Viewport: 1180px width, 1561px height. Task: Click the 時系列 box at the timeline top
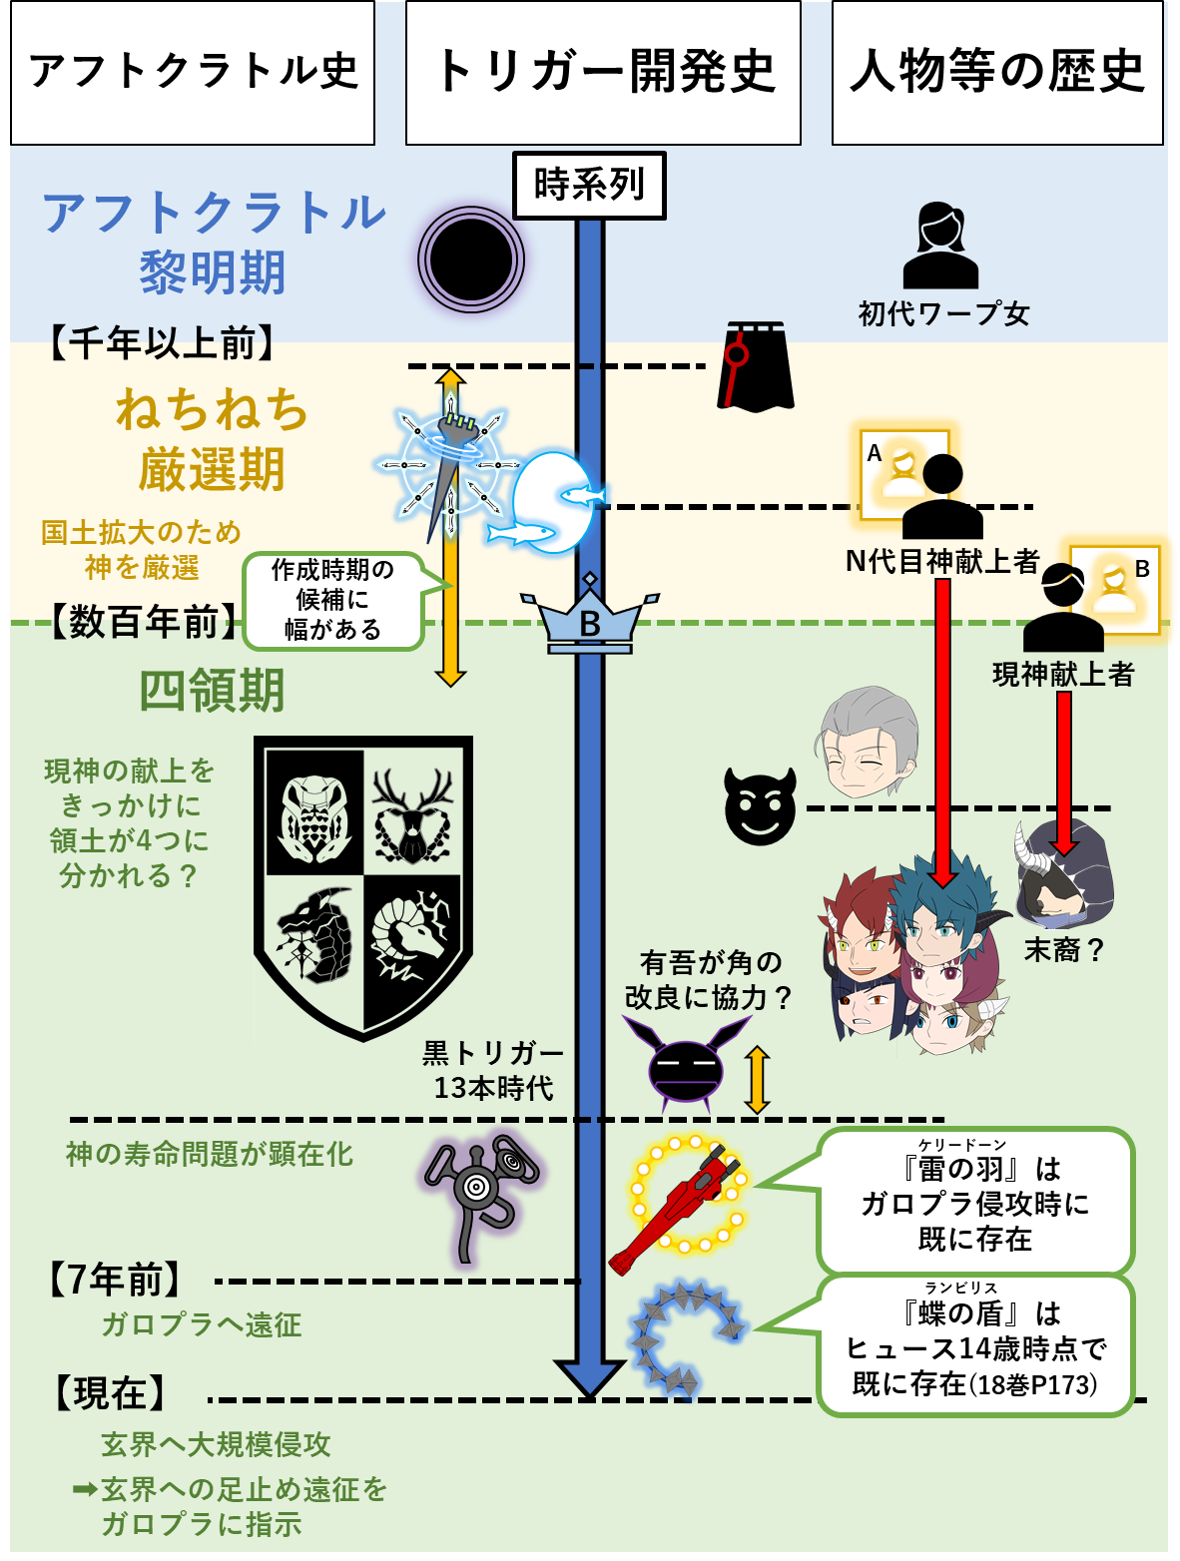[589, 185]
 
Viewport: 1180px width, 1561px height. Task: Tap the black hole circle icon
[471, 260]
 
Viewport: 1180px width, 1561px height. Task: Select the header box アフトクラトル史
[192, 73]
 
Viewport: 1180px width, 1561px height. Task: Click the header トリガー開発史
[603, 73]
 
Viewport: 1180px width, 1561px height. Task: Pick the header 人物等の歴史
[997, 73]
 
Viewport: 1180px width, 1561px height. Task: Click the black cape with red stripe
[756, 366]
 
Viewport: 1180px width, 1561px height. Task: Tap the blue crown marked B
[590, 615]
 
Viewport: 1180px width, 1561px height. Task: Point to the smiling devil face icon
[760, 805]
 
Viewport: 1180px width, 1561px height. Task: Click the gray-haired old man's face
[868, 742]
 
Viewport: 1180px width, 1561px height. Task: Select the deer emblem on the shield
[412, 816]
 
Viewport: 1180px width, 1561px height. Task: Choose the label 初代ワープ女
[943, 313]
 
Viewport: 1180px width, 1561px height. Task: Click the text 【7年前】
[114, 1281]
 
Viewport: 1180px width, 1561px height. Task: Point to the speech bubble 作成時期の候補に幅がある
[332, 601]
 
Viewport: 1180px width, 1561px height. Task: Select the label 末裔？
[1064, 950]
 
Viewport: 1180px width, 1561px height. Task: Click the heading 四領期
[212, 691]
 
